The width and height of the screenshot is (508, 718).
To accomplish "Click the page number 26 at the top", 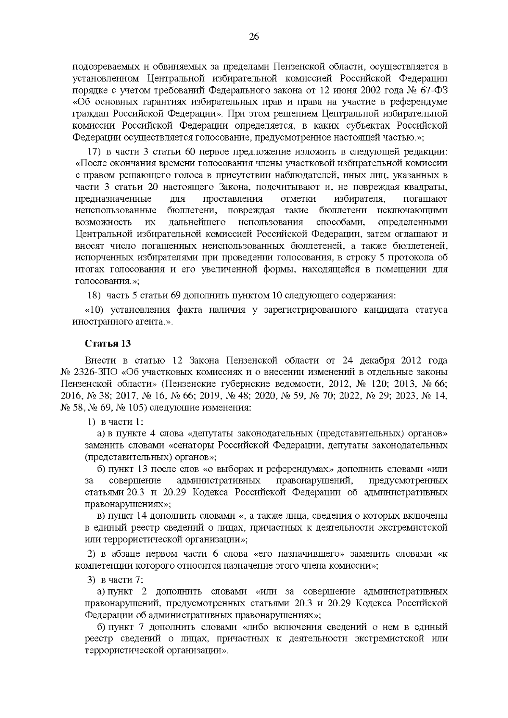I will (x=254, y=37).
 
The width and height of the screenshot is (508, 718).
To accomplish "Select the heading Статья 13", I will (x=108, y=343).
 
